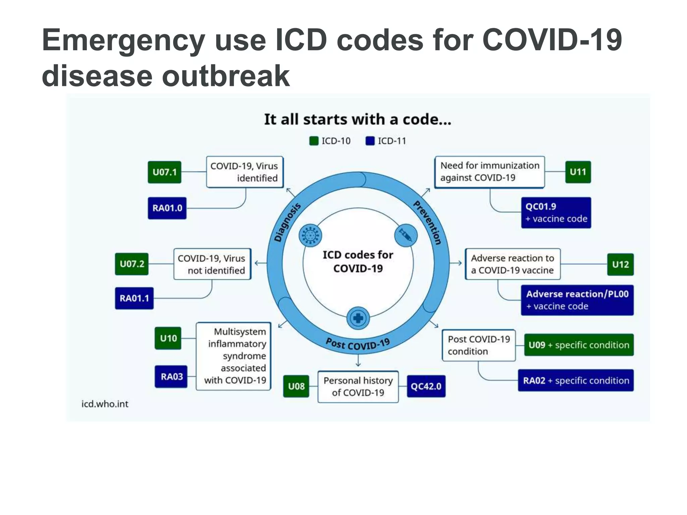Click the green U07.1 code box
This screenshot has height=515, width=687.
[164, 172]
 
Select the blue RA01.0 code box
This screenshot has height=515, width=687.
[167, 208]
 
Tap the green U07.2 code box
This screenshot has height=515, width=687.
[131, 264]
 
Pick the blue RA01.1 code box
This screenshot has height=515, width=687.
[134, 298]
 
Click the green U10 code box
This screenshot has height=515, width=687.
[168, 338]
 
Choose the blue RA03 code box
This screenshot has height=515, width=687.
[171, 377]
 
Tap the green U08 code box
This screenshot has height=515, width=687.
[296, 386]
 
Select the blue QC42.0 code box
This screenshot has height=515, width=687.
[426, 386]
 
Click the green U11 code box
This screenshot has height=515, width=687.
[578, 172]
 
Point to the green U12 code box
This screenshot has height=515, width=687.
[620, 265]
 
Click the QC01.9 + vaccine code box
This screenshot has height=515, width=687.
[556, 213]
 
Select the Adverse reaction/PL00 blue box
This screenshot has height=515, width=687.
[577, 300]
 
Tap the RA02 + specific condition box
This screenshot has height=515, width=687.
[576, 381]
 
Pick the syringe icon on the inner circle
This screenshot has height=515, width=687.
[406, 235]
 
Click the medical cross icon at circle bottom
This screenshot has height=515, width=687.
[358, 318]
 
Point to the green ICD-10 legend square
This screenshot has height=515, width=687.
[314, 141]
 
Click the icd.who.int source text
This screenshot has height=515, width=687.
[105, 404]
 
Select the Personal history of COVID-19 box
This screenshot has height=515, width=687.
[358, 387]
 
